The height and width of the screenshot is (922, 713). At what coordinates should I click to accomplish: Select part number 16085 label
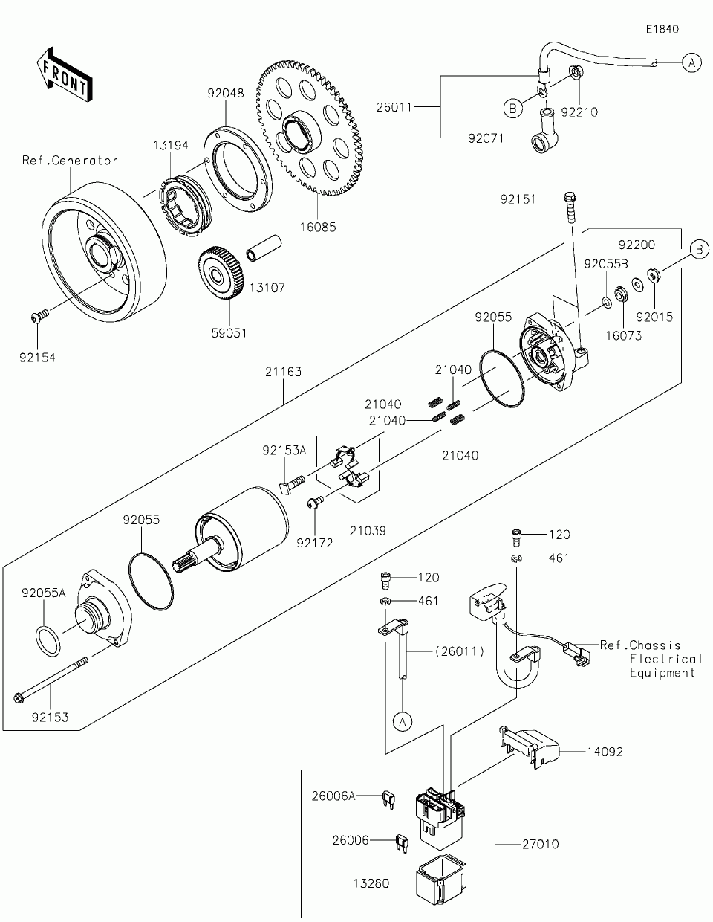[317, 227]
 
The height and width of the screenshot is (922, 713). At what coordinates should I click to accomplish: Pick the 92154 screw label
[37, 358]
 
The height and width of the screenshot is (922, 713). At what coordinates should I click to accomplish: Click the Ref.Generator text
[70, 160]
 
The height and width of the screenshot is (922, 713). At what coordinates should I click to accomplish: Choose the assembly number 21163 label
[284, 372]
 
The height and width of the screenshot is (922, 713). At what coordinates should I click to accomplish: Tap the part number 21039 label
[369, 531]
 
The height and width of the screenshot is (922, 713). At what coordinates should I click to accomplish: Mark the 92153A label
[284, 450]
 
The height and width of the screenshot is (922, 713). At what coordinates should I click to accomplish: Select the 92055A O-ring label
[44, 593]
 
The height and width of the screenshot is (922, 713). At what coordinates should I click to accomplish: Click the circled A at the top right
[691, 63]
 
